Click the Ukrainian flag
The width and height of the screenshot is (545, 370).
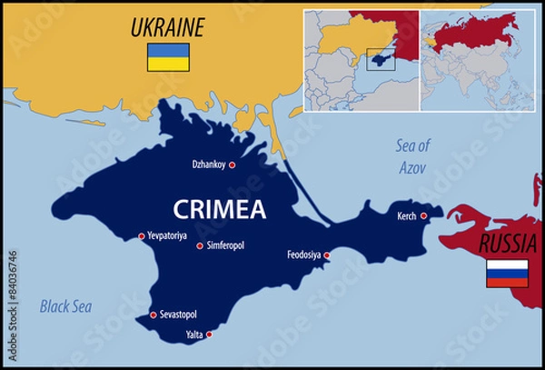click(x=168, y=57)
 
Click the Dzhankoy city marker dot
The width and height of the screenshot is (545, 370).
click(x=232, y=165)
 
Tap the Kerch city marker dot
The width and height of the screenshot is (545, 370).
click(x=423, y=215)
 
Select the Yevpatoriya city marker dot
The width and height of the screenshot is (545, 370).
click(x=141, y=236)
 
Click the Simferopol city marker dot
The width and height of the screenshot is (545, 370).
click(x=200, y=245)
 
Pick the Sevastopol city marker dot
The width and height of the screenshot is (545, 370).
click(x=153, y=315)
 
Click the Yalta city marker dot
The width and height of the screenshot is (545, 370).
click(x=210, y=335)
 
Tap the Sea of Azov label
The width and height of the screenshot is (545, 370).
click(x=412, y=155)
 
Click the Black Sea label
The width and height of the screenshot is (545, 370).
click(x=64, y=307)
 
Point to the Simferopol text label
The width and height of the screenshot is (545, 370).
click(x=226, y=245)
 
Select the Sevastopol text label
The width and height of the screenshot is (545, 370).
click(x=178, y=315)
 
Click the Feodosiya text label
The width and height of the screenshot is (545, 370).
click(x=303, y=255)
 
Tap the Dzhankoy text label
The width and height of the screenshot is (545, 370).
click(x=208, y=165)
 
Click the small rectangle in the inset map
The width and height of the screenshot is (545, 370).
click(x=380, y=59)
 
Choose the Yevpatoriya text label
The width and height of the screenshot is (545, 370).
click(x=170, y=235)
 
